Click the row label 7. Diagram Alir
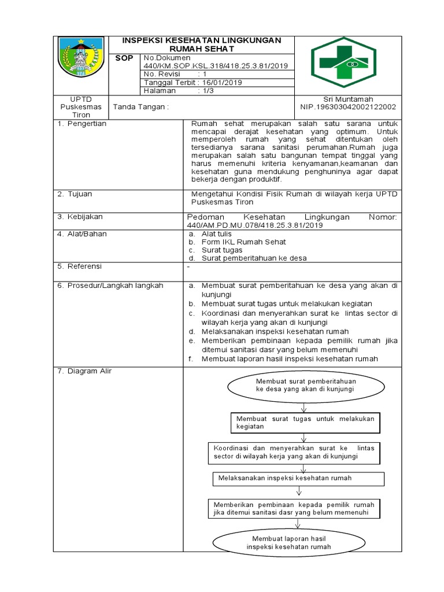(84, 371)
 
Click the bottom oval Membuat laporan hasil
(289, 542)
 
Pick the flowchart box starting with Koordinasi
(295, 452)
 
